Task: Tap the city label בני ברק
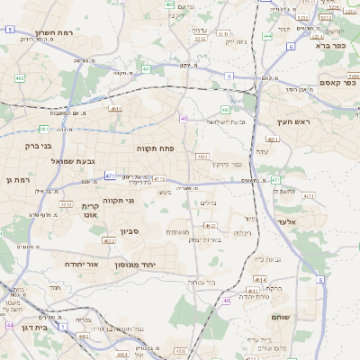coord(36,144)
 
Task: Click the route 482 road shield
coord(20,79)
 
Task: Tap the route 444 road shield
coord(268,37)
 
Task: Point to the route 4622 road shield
coord(109,240)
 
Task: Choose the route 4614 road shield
coord(259,281)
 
